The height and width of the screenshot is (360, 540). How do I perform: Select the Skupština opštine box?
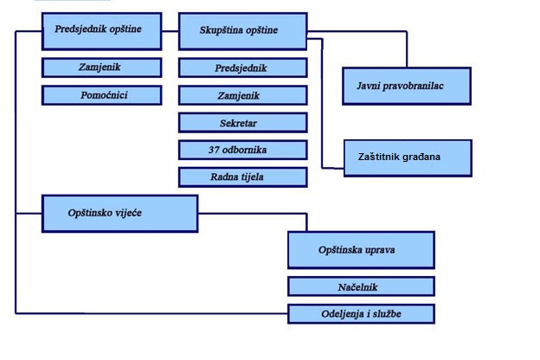tap(242, 31)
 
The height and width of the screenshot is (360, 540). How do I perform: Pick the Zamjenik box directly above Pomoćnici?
tap(104, 67)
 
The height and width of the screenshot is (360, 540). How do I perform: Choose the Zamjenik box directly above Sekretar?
tap(242, 95)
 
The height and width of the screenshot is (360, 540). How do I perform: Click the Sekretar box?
tap(242, 123)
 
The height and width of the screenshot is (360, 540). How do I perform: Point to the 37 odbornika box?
tap(242, 150)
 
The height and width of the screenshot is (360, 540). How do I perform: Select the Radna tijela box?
tap(242, 177)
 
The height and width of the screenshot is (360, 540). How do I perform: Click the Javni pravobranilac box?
tap(406, 86)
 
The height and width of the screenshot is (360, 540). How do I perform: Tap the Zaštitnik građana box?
tap(408, 157)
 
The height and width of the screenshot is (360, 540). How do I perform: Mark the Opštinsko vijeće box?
tap(120, 213)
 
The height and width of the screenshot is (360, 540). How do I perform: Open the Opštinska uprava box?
tap(361, 249)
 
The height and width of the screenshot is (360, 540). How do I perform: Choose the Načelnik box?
tap(361, 286)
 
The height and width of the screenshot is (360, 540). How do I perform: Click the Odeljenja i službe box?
tap(361, 313)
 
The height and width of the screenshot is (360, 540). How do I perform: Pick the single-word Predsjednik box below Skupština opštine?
tap(242, 67)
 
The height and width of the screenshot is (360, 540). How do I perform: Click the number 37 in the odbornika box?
tap(215, 150)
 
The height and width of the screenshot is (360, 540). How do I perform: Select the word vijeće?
tap(126, 213)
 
